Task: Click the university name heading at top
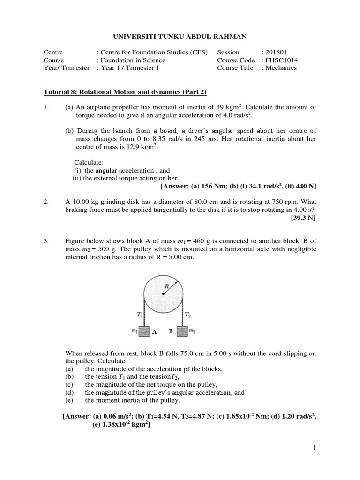(180, 37)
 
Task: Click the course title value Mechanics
(282, 68)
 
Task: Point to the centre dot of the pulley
(162, 294)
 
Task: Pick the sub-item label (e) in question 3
(69, 401)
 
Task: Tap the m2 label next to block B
(192, 331)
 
